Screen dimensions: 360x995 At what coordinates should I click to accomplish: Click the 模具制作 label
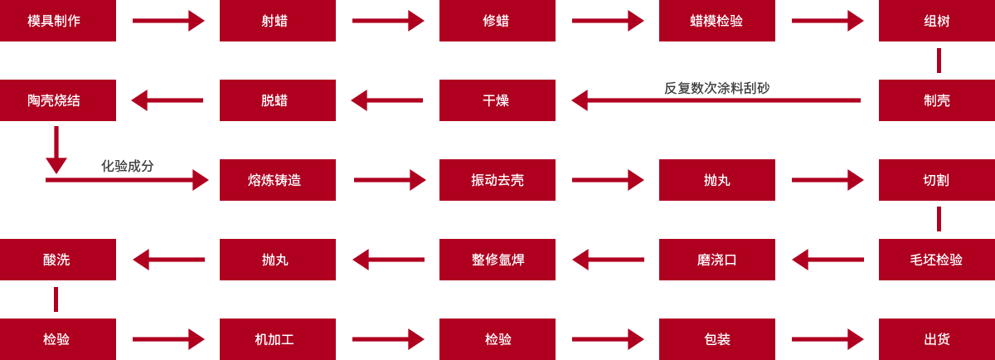pos(54,21)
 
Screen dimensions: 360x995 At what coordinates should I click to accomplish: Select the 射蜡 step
pos(274,21)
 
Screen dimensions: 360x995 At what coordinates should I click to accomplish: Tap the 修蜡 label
pos(496,21)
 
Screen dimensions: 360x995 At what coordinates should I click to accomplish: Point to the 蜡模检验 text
pos(716,21)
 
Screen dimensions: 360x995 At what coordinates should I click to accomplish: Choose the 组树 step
pos(937,21)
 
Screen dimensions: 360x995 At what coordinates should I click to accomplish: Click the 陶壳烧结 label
pos(54,100)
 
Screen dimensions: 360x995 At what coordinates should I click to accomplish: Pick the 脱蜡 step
pos(274,100)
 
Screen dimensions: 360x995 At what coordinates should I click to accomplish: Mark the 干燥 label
pos(496,100)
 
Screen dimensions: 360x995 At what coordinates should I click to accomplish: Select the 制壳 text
pos(937,100)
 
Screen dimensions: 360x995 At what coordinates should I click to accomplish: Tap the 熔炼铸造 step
pos(274,180)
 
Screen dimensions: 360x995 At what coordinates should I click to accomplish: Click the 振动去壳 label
pos(498,180)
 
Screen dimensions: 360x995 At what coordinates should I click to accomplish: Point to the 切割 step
pos(936,180)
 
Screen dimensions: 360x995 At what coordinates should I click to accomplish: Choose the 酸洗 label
pos(56,260)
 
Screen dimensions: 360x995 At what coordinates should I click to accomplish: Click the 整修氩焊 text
pos(498,260)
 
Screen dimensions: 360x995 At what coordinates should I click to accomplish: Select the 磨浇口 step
pos(716,260)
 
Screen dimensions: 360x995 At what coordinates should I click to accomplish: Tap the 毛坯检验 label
pos(936,260)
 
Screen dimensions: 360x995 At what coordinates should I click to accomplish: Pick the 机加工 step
pos(274,339)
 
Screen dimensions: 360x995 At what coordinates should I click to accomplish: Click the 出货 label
pos(937,339)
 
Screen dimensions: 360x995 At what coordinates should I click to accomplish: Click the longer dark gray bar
pos(717,87)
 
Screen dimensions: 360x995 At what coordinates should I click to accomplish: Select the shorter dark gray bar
pos(127,166)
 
